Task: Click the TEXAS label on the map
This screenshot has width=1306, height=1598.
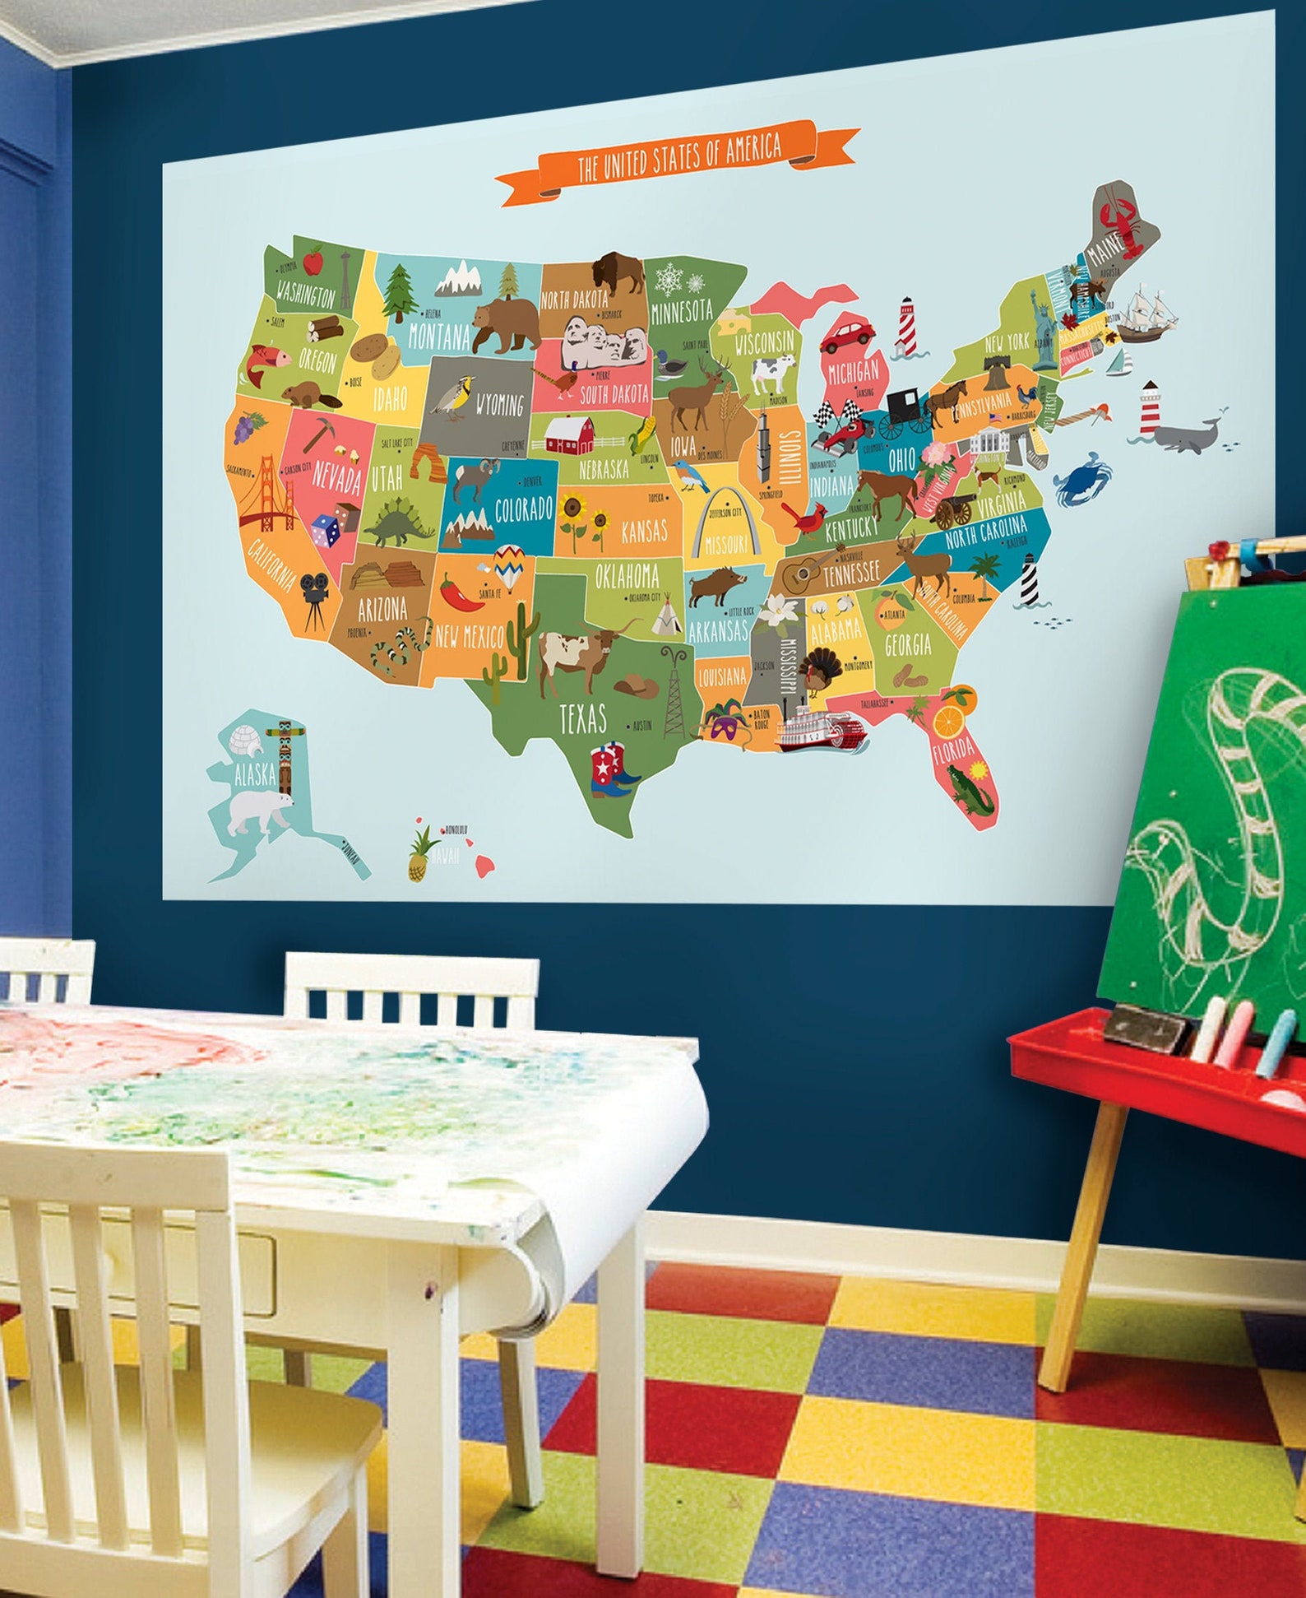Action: [582, 718]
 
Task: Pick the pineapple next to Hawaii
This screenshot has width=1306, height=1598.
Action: [420, 855]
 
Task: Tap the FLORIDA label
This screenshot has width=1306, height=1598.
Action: [953, 749]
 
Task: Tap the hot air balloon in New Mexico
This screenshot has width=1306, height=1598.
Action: [509, 565]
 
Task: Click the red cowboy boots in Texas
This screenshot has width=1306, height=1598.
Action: [614, 769]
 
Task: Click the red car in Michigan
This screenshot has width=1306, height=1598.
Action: [847, 335]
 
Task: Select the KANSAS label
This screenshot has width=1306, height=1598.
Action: [644, 532]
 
